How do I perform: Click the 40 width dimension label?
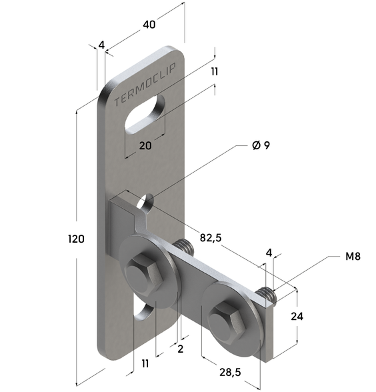tap(149, 25)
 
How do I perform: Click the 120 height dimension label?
tap(76, 239)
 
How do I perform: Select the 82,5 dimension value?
tap(211, 238)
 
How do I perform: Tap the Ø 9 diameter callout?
tap(261, 145)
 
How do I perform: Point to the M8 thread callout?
tap(353, 257)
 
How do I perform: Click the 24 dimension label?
tap(297, 317)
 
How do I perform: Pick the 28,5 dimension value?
tap(230, 373)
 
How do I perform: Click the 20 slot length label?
tap(145, 145)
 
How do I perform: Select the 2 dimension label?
tap(181, 349)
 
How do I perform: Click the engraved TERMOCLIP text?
tap(145, 85)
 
